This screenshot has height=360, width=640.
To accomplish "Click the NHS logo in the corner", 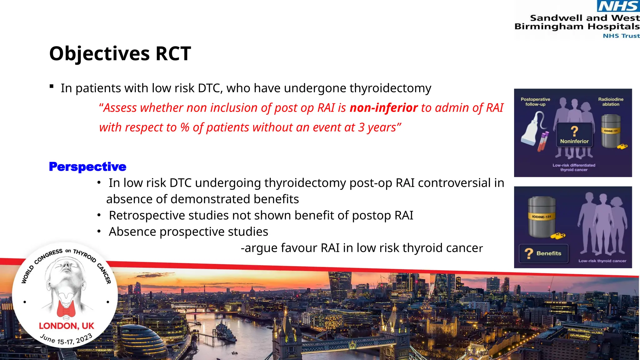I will [x=618, y=6].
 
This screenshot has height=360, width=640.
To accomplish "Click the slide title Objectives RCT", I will [x=120, y=53].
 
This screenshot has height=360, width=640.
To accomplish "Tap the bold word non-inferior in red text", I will [x=383, y=108].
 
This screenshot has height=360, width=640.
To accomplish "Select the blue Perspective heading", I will [x=87, y=167].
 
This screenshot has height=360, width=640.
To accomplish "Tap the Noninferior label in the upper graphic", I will [x=574, y=141].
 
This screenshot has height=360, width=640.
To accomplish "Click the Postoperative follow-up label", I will [x=535, y=102].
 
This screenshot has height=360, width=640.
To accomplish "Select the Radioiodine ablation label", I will [x=611, y=102].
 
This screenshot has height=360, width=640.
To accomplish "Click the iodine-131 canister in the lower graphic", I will [x=542, y=217].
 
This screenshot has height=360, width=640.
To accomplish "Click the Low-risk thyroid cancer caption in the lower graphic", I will [x=602, y=261].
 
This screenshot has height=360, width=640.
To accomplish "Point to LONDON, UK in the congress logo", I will [x=66, y=326].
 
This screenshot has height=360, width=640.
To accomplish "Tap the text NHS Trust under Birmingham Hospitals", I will [x=621, y=36].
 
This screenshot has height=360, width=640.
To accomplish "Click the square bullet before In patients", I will [x=52, y=87].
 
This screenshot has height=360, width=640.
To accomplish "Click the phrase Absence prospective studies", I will [x=188, y=232].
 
